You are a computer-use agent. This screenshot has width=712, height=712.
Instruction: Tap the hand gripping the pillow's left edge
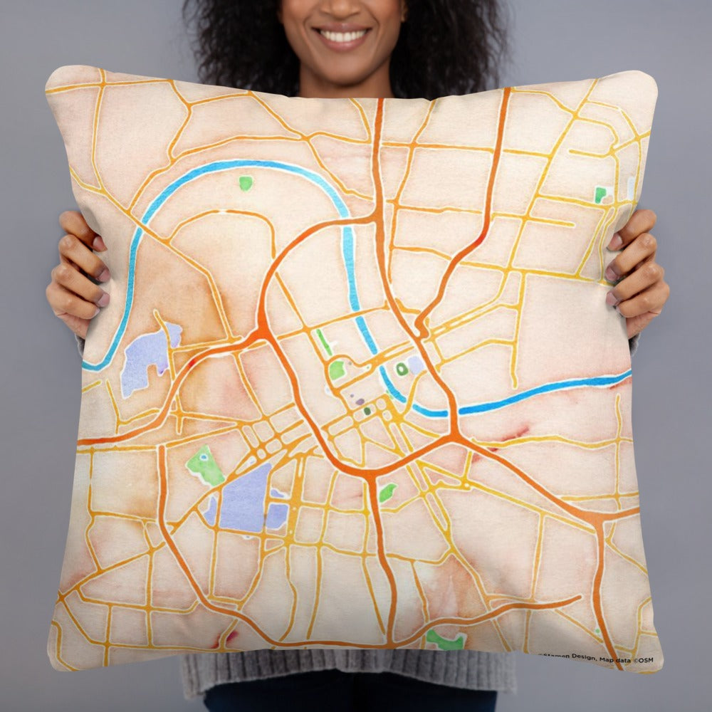pos(75,271)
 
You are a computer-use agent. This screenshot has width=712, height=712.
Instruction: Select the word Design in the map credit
pos(580,659)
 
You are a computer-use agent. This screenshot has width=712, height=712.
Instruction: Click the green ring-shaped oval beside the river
pos(402,369)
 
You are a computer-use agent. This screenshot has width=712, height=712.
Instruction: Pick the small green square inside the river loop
pos(246,183)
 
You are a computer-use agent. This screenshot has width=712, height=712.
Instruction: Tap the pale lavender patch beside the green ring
pos(415,365)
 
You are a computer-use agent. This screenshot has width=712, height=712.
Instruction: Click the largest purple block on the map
pos(246,498)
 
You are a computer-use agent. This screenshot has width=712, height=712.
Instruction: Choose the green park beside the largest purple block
pos(204,466)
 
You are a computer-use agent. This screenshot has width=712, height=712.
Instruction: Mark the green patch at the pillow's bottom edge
pos(445,639)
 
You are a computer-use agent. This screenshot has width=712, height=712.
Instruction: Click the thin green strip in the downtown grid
pos(324,342)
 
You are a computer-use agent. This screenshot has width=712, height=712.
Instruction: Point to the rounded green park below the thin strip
pos(337,369)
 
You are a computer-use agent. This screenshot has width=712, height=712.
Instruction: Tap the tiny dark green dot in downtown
pos(367,411)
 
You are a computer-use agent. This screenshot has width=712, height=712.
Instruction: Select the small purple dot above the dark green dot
pos(360,402)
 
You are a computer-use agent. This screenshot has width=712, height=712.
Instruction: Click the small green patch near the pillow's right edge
pos(600,194)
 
